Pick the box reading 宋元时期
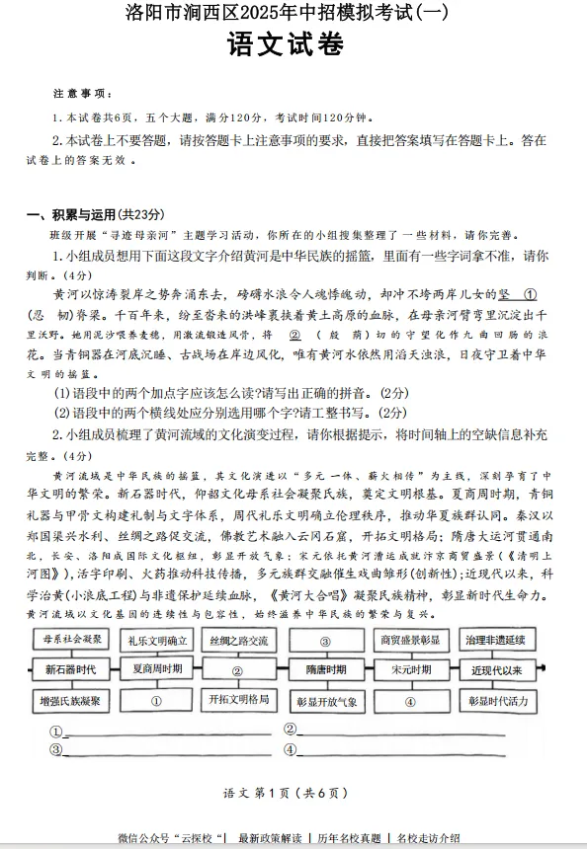coord(410,669)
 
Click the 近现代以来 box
coord(496,669)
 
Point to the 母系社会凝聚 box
coord(70,640)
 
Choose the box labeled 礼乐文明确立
coord(156,640)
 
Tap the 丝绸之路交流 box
coord(238,640)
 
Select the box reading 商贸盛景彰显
coord(410,640)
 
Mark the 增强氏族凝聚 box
coord(70,701)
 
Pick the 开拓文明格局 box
coord(238,699)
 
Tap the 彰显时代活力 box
coord(496,701)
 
